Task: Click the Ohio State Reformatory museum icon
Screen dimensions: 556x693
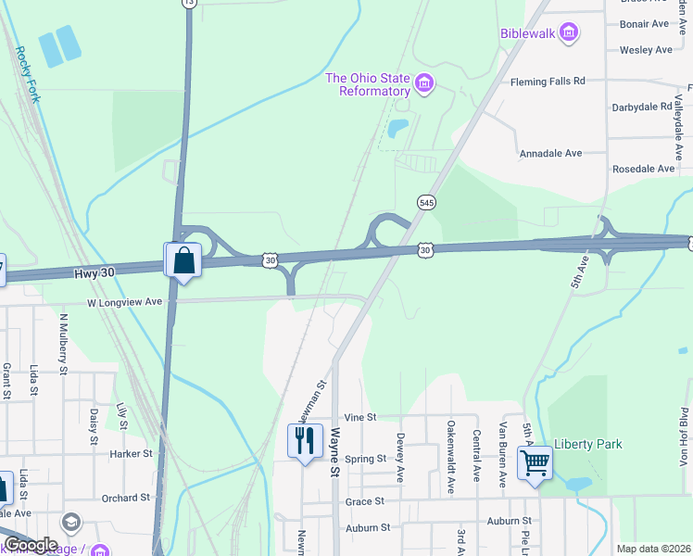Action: pyautogui.click(x=424, y=84)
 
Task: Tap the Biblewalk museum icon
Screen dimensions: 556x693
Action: pyautogui.click(x=569, y=34)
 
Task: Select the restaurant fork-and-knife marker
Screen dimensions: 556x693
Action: pyautogui.click(x=305, y=442)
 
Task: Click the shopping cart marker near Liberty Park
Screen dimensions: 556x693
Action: pyautogui.click(x=535, y=461)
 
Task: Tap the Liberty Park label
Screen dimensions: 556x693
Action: pyautogui.click(x=588, y=445)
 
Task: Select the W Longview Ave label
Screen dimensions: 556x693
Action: pyautogui.click(x=125, y=301)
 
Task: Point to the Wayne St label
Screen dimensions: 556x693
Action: pyautogui.click(x=335, y=452)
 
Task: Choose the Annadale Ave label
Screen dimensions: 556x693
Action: pyautogui.click(x=550, y=153)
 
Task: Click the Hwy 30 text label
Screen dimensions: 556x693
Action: pyautogui.click(x=93, y=272)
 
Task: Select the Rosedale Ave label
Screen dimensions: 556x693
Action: pyautogui.click(x=643, y=169)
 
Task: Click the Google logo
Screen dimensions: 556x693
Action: pyautogui.click(x=31, y=545)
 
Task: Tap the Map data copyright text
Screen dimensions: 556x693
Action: pyautogui.click(x=653, y=549)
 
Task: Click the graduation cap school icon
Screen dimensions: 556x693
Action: pyautogui.click(x=69, y=523)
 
